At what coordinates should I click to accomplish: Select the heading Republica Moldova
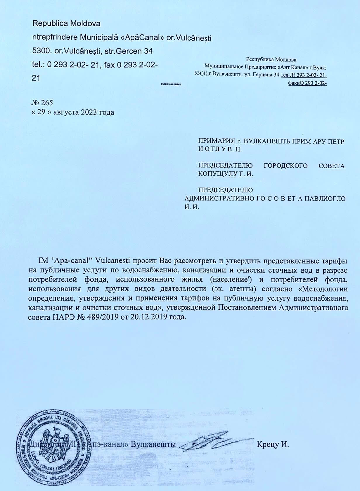coord(66,23)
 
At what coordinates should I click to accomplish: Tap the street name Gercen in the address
coord(129,51)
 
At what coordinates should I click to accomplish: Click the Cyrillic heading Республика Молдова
coord(271,60)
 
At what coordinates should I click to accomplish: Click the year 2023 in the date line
coord(90,112)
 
